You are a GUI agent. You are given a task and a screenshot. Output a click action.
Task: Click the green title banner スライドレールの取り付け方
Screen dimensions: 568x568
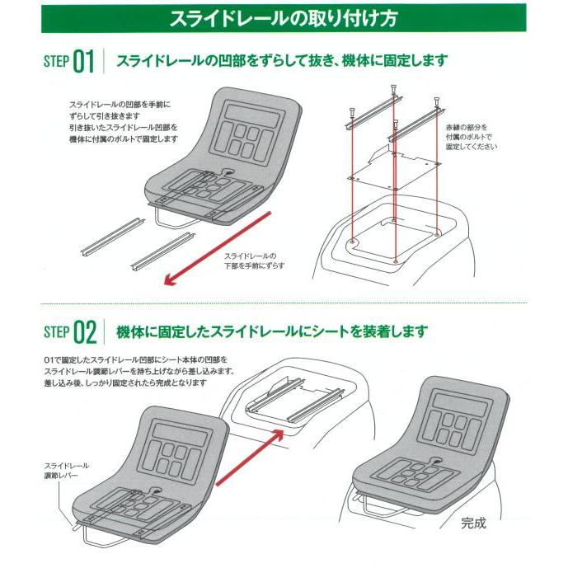283,17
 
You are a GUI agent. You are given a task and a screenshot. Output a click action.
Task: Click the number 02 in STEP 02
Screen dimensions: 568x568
83,332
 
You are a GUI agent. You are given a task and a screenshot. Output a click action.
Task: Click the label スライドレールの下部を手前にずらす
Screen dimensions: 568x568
253,261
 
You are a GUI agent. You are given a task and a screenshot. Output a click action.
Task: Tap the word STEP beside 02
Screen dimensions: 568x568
54,333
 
